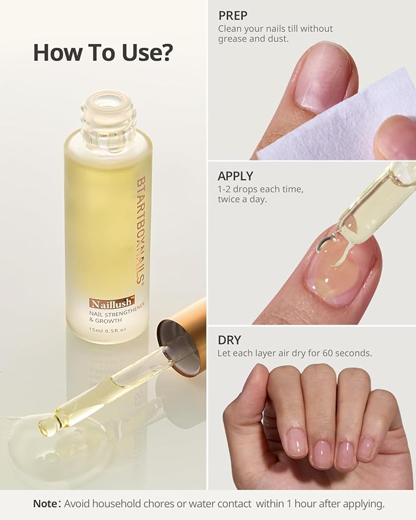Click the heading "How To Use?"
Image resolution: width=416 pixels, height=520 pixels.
(103, 53)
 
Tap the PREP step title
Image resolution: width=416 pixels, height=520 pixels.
(233, 16)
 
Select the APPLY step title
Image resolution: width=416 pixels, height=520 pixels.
(236, 176)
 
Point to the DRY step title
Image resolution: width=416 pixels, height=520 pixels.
(230, 340)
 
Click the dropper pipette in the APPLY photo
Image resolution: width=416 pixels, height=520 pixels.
(368, 211)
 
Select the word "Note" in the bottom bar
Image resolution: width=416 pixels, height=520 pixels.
(46, 504)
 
